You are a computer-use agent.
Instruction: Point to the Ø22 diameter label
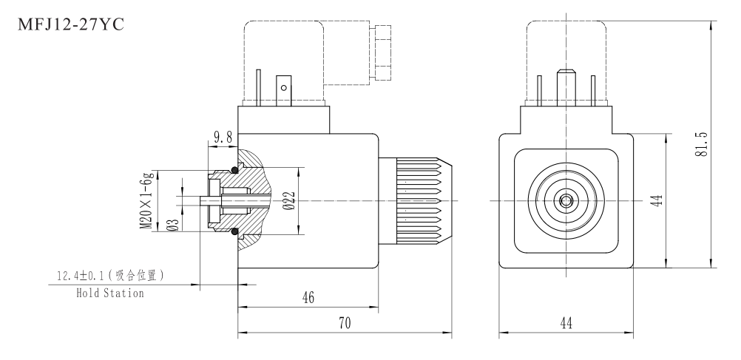coord(289,201)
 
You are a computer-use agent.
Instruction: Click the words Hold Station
coord(110,293)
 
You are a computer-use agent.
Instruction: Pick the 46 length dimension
coord(308,297)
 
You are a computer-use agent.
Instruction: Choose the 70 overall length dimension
coord(344,323)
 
